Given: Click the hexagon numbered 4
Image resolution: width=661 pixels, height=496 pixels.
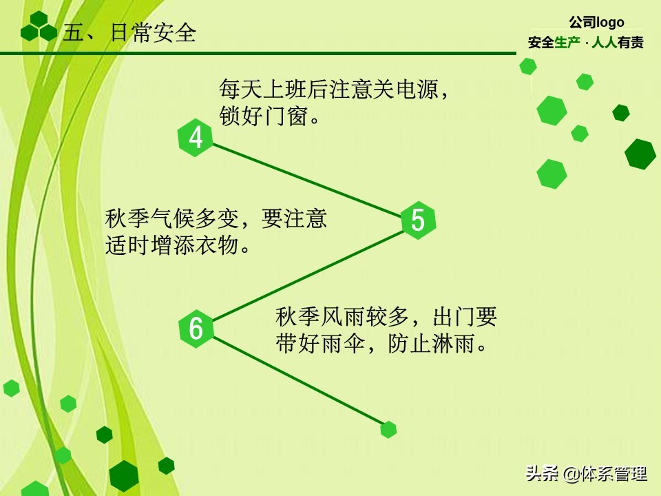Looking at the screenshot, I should click(196, 138).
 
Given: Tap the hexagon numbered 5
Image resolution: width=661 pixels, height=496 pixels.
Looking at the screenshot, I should click(419, 220).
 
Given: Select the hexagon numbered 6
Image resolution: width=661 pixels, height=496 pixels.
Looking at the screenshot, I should click(196, 329).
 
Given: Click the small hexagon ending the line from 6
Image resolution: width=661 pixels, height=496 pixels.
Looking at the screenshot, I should click(388, 430).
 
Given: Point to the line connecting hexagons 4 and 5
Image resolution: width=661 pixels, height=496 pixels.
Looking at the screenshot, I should click(306, 179).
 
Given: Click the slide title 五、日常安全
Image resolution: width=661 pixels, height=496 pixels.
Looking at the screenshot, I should click(129, 33).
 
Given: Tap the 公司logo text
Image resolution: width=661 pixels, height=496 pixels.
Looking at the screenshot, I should click(596, 23).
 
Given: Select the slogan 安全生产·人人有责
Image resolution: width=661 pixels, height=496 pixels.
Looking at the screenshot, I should click(586, 43).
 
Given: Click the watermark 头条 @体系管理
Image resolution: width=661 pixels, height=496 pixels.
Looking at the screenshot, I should click(586, 474).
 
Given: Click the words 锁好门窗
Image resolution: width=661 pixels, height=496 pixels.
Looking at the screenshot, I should click(264, 116).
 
